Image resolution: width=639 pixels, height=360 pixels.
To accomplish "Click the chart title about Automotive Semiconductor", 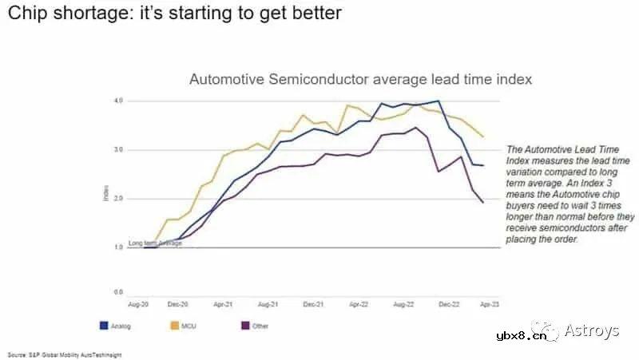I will coord(360,80).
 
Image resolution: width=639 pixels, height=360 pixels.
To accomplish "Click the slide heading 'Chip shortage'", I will coord(174,14).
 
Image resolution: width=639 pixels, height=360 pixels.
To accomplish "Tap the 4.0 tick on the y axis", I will coord(117,101).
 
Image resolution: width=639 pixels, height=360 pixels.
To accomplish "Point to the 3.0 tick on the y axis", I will coord(117,150).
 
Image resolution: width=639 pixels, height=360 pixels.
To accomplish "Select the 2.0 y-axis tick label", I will coord(117,199).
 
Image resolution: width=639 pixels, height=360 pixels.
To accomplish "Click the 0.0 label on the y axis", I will coord(117,293).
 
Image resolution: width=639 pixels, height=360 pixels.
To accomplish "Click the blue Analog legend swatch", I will coord(103,326).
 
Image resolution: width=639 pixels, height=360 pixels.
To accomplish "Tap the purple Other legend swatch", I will coord(244,326).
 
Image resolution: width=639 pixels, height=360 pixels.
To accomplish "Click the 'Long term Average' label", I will coord(155,243).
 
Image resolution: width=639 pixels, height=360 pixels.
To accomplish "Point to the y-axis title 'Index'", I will coord(106,194).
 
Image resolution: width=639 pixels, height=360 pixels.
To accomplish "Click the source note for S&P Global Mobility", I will coord(65,354).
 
